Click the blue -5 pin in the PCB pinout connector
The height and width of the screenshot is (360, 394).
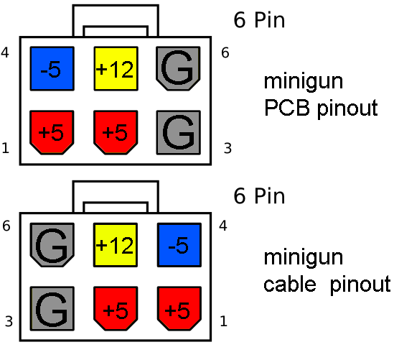[52, 68]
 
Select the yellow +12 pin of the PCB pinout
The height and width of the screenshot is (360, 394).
[116, 68]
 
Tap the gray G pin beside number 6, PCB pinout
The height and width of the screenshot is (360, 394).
[178, 68]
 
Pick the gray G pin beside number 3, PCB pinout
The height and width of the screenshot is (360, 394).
[179, 132]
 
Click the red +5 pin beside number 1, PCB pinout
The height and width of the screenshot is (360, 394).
[52, 132]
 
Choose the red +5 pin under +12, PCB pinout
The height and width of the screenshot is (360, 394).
[116, 132]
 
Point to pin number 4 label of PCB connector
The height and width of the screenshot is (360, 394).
[5, 52]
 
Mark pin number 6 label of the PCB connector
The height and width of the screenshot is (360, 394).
[225, 53]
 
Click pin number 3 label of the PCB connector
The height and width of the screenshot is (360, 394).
[228, 148]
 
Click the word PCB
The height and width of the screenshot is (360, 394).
[286, 107]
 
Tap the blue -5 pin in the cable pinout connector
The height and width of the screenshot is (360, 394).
[179, 245]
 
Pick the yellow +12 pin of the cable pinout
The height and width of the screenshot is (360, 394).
[116, 245]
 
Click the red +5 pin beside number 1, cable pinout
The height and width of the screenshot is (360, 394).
[179, 308]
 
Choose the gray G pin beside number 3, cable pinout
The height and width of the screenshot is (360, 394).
[52, 308]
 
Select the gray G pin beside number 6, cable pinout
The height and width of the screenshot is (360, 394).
[52, 245]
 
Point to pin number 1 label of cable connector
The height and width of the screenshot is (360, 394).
[224, 321]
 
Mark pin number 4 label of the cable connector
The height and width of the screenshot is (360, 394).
[223, 226]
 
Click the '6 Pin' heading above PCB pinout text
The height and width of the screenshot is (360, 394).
[259, 20]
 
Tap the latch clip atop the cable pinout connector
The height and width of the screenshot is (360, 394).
[116, 182]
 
